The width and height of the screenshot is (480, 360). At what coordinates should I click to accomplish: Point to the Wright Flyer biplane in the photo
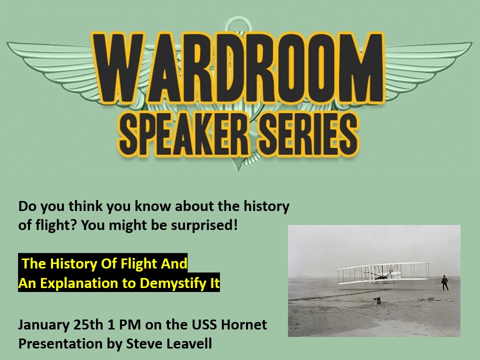click(383, 272)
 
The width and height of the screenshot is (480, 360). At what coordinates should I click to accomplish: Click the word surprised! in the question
click(204, 225)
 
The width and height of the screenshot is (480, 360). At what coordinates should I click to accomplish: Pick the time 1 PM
click(124, 325)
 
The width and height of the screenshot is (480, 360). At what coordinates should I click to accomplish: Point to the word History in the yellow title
click(73, 264)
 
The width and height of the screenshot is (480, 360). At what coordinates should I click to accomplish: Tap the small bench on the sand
click(376, 301)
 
